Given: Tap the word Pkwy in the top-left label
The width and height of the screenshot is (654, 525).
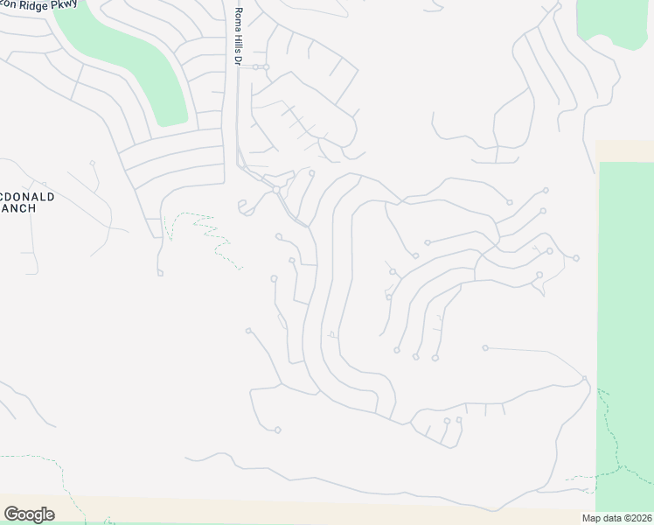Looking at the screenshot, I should pos(62,5).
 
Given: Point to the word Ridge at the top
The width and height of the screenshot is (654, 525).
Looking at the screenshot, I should pos(31,6).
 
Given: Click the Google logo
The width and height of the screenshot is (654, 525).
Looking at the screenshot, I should pos(29,514).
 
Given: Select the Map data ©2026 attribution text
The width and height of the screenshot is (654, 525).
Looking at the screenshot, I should pos(616,518).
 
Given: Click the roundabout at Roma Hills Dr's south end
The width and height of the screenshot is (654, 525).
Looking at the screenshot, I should pos(275,189).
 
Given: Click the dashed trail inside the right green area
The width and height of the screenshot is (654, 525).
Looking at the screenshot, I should pos(612,437).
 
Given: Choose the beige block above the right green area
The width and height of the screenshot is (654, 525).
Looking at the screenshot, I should pos(624,150).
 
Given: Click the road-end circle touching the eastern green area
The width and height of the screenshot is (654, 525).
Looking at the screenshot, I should pos(585,379).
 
